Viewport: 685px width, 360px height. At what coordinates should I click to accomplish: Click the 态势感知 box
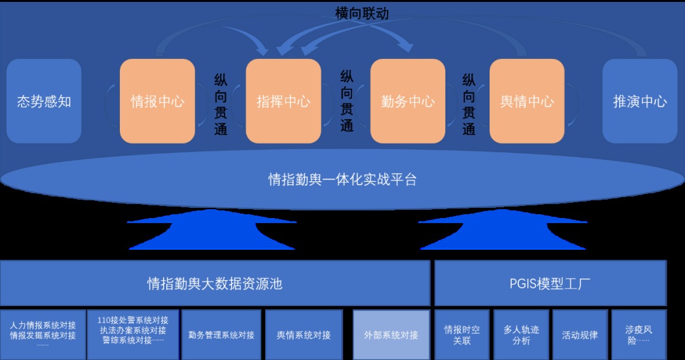[44, 101]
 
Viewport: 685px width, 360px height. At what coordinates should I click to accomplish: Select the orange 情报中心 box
[157, 101]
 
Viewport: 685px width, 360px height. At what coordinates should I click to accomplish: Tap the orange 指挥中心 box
[284, 101]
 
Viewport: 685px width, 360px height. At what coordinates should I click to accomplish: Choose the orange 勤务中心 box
[408, 101]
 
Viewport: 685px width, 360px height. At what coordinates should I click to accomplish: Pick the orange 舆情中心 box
[527, 101]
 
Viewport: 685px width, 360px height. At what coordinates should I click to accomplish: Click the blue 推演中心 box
[640, 101]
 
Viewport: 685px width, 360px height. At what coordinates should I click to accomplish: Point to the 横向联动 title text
[362, 13]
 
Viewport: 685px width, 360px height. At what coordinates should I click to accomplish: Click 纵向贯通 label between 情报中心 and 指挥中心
[221, 105]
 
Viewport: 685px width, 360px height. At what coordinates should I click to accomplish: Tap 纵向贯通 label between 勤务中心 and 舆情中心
[469, 105]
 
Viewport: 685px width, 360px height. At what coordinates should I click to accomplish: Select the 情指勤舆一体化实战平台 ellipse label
[342, 179]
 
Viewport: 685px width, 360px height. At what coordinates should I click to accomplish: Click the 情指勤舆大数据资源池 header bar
[215, 284]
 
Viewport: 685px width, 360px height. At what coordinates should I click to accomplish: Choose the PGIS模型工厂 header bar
[551, 284]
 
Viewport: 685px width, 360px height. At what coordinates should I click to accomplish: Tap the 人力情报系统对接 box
[43, 335]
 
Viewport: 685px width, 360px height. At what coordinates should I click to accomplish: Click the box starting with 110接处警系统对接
[133, 335]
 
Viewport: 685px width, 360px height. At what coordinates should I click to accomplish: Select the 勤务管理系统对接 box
[221, 335]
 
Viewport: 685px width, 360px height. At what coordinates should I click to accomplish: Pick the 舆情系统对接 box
[304, 335]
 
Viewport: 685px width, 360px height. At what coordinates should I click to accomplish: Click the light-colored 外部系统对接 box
[391, 335]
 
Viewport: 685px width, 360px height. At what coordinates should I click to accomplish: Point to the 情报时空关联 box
[462, 335]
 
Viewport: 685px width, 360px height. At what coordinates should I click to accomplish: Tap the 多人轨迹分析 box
[521, 335]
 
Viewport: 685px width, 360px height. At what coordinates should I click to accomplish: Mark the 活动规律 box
[580, 335]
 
